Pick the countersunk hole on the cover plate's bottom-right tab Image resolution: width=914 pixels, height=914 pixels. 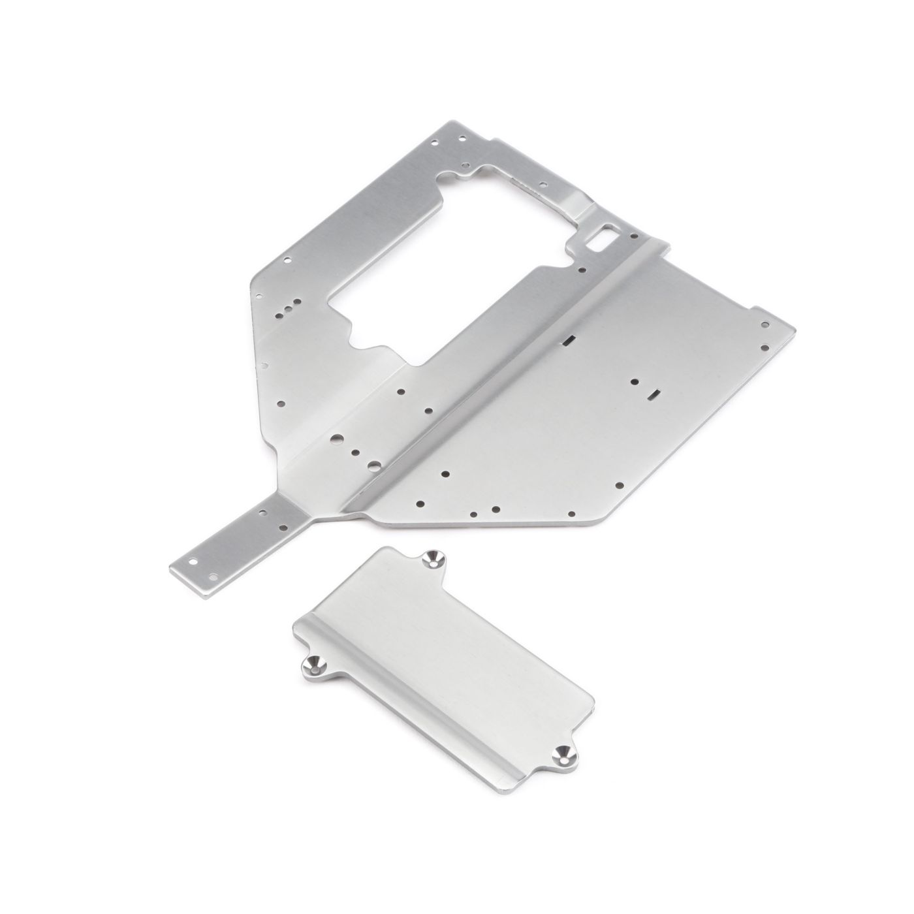(x=559, y=754)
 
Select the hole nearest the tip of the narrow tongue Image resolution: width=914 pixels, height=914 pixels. (x=193, y=561)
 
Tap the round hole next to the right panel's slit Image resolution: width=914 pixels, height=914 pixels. (x=634, y=380)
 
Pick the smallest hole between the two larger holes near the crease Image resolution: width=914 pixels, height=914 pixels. (x=355, y=452)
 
